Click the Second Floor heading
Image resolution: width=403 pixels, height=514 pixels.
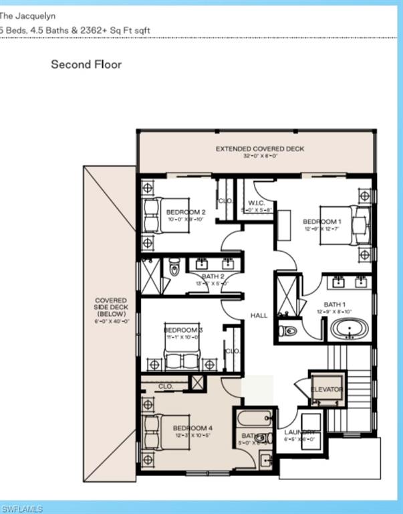click(x=86, y=65)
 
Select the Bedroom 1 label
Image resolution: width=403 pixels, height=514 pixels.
click(x=322, y=222)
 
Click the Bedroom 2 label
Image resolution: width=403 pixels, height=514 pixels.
click(x=186, y=212)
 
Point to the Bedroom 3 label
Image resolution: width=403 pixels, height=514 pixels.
click(x=182, y=330)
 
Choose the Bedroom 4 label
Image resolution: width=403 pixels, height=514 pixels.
click(x=192, y=428)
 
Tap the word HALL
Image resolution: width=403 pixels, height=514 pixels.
click(x=259, y=315)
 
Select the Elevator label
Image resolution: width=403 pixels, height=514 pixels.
click(x=327, y=389)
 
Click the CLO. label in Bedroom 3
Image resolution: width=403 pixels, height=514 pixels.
click(x=233, y=351)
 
